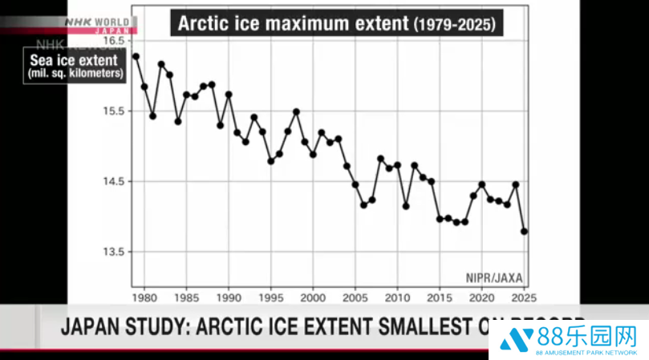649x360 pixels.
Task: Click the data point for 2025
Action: (x=525, y=232)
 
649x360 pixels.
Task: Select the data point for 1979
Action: (x=136, y=56)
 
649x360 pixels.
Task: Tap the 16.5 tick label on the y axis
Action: (x=115, y=40)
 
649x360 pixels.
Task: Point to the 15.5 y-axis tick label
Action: (x=115, y=111)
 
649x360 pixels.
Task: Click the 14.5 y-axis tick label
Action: (x=115, y=181)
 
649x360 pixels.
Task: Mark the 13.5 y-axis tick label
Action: (x=115, y=252)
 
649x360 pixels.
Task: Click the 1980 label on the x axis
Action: (x=144, y=297)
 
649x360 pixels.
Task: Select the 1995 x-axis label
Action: (x=270, y=297)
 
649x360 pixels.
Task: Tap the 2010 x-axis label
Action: (x=397, y=297)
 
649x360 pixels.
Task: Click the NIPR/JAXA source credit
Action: (x=494, y=277)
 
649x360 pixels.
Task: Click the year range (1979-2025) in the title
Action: (x=456, y=24)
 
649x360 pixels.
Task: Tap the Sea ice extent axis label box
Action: (x=74, y=66)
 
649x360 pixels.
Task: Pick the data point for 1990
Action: (x=229, y=95)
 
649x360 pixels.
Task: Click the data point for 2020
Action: (x=481, y=184)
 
